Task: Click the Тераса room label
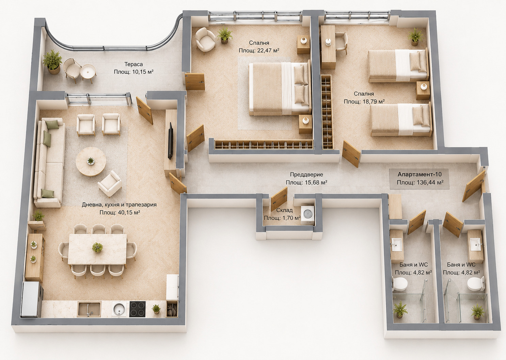tap(133, 64)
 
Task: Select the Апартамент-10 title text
tap(420, 175)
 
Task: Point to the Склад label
tap(284, 210)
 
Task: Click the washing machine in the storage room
tap(307, 215)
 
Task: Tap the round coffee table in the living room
tap(91, 161)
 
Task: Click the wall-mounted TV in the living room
tap(170, 141)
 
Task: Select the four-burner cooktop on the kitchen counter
tap(137, 309)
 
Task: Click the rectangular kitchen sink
tap(89, 309)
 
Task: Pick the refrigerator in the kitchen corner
tap(32, 299)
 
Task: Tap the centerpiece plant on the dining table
tap(97, 247)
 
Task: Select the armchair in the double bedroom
tap(205, 40)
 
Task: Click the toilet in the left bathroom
tap(400, 284)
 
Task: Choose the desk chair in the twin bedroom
tap(341, 43)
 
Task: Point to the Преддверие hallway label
tap(306, 175)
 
